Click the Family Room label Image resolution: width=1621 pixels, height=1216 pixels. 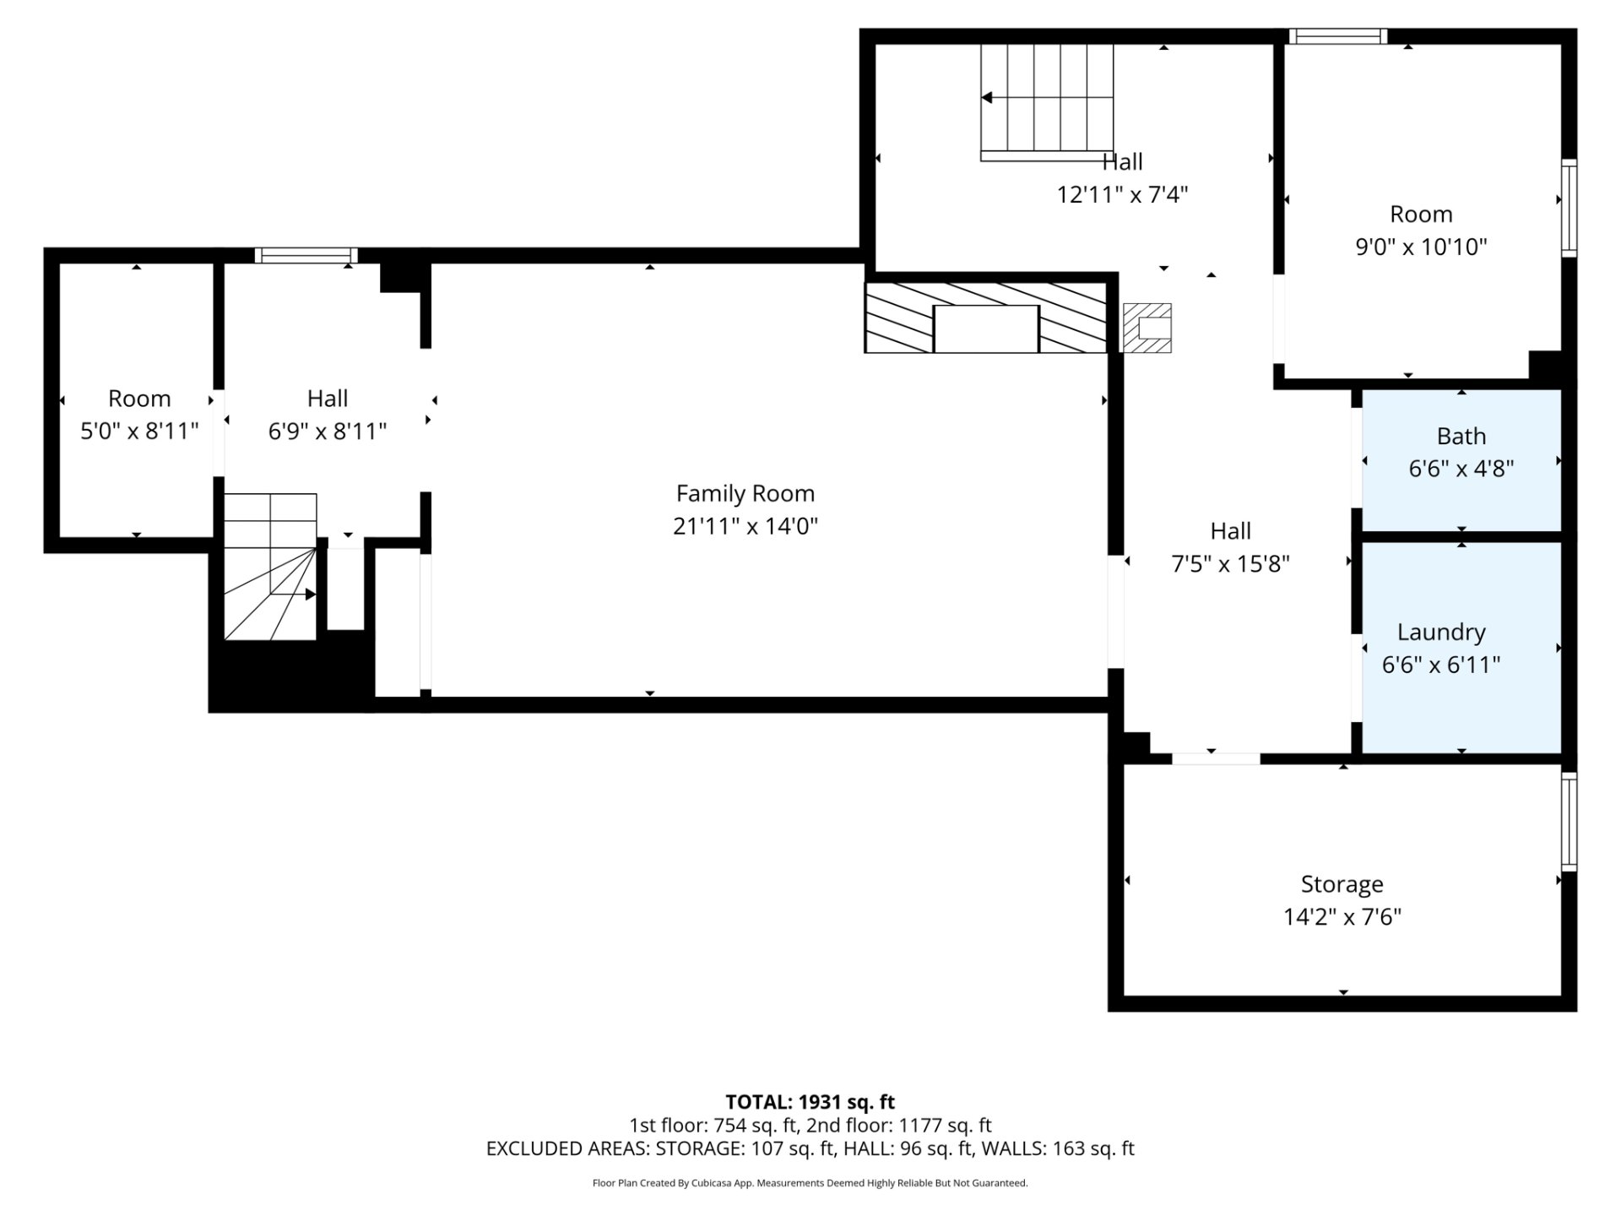click(x=745, y=493)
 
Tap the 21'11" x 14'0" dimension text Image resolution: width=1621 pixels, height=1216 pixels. click(x=745, y=526)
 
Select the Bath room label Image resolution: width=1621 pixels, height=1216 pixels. click(x=1461, y=436)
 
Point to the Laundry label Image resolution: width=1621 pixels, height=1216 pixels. click(x=1441, y=632)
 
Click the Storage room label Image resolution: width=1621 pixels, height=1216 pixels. click(x=1342, y=884)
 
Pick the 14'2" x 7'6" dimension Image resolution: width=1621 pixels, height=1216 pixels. click(x=1342, y=917)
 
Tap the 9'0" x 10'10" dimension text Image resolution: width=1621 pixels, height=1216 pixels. click(x=1421, y=247)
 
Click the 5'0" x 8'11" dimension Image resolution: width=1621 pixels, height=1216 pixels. click(x=139, y=431)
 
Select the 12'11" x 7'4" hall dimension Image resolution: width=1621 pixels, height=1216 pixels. click(x=1123, y=194)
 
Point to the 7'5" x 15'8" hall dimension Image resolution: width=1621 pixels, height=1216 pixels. click(x=1231, y=563)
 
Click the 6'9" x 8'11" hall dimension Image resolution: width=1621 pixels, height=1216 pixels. click(x=328, y=431)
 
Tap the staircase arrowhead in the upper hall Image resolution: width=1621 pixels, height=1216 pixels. click(x=986, y=98)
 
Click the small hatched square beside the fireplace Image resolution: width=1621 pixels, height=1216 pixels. click(x=1147, y=328)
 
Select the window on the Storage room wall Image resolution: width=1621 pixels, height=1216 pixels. click(x=1569, y=821)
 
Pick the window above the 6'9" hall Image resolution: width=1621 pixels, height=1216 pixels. click(x=306, y=255)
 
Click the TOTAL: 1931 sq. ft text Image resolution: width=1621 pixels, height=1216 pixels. click(x=810, y=1102)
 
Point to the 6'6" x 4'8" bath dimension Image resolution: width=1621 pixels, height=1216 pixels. click(x=1461, y=469)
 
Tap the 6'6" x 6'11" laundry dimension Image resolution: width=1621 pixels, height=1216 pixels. click(x=1441, y=665)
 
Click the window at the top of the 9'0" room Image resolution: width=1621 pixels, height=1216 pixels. click(x=1338, y=36)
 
